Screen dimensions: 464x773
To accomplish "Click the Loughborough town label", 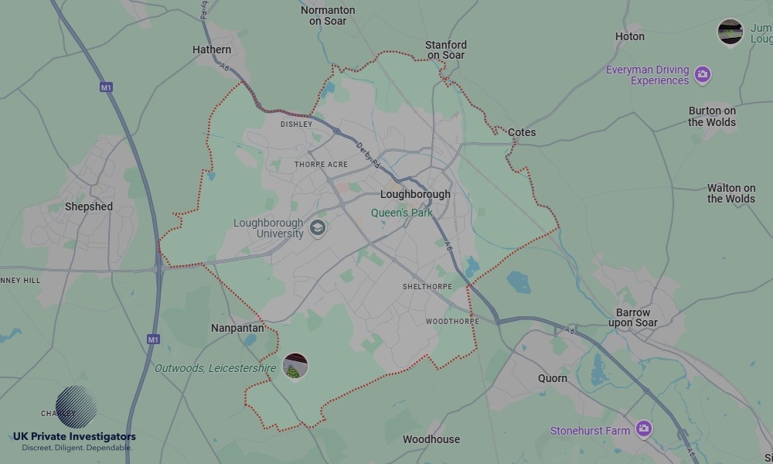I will [x=415, y=194].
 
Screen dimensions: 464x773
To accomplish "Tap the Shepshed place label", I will [x=88, y=206].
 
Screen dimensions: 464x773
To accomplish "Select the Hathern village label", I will [x=212, y=49].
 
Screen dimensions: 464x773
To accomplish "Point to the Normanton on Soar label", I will [x=328, y=15].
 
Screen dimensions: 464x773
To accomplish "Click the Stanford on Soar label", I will [x=446, y=50].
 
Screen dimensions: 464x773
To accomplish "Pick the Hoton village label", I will [x=629, y=36].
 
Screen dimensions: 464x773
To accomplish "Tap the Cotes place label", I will [x=522, y=132].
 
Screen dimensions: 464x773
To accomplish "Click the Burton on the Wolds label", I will [x=712, y=116].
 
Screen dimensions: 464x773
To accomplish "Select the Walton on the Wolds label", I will [x=730, y=193].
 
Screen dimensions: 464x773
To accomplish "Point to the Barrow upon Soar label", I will [x=633, y=318].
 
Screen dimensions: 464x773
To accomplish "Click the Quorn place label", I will [x=553, y=378].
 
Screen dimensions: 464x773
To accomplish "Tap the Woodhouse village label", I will [x=431, y=439].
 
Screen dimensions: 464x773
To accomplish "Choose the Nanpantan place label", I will [x=237, y=328].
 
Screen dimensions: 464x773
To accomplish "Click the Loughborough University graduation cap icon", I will [x=317, y=228].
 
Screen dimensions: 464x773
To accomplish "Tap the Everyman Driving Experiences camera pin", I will [x=702, y=74].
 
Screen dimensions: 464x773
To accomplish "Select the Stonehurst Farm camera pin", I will [x=643, y=428].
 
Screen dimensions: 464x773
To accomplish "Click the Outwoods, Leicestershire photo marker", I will [x=295, y=367].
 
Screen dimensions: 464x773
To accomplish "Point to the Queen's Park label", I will [x=402, y=213].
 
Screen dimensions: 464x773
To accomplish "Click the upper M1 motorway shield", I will [x=106, y=87].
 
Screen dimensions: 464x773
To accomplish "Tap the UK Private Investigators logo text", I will [x=74, y=438].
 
